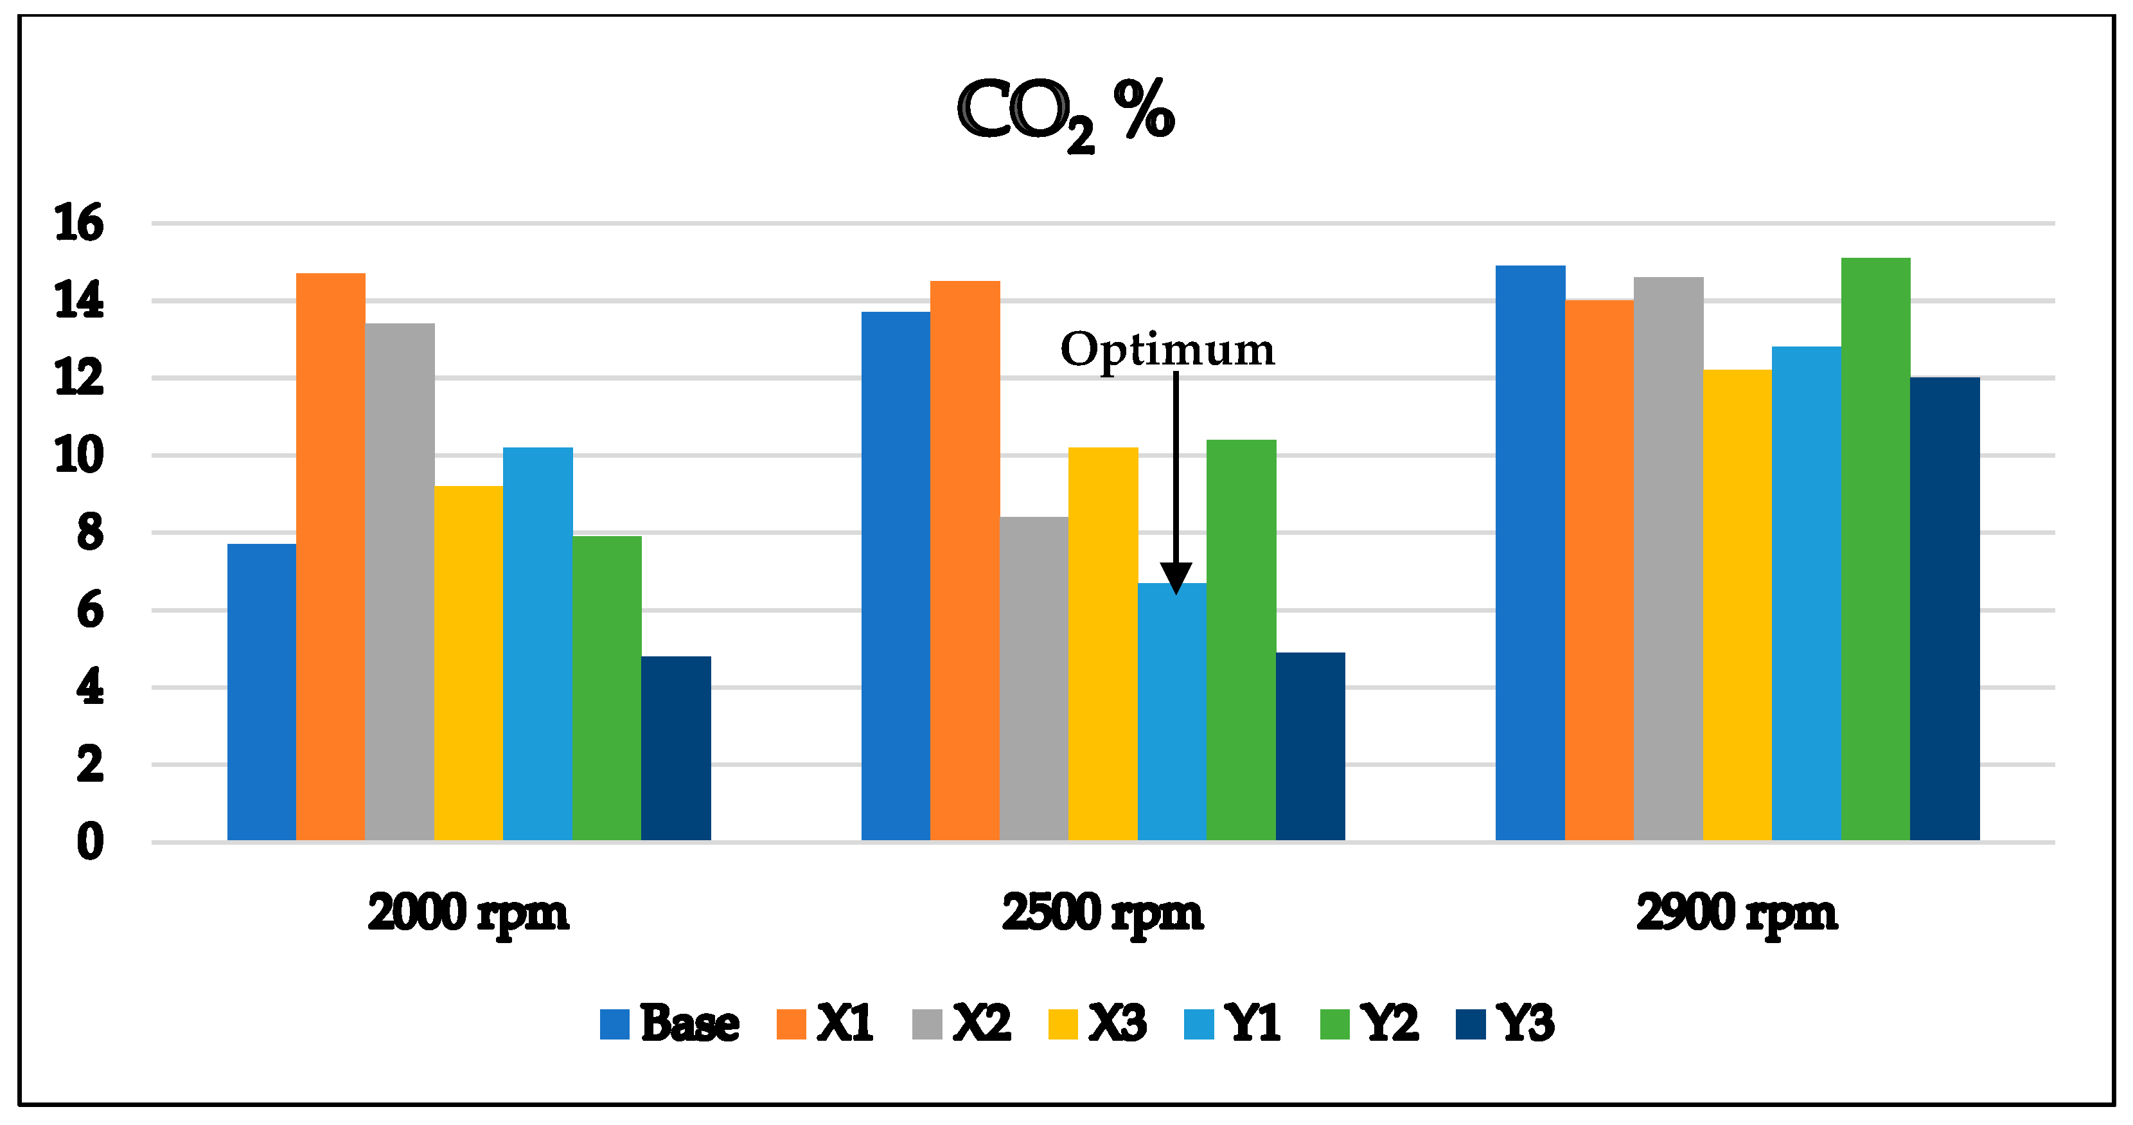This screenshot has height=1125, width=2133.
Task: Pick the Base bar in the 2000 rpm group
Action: pos(261,692)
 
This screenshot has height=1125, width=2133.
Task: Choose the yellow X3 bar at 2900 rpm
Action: pos(1737,605)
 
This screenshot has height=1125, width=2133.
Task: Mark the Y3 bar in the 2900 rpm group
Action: pos(1944,609)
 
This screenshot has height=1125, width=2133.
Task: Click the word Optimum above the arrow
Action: pos(1167,350)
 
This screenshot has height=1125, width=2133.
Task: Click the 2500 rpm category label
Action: pos(1102,913)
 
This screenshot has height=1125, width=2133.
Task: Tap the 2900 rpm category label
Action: pos(1737,913)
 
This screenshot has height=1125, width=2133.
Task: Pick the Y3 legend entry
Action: pos(1505,1023)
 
